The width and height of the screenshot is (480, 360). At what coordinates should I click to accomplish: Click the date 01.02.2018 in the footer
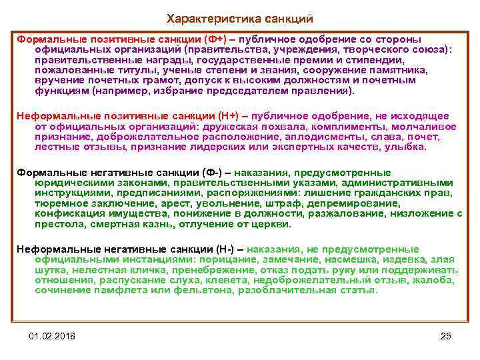(53, 334)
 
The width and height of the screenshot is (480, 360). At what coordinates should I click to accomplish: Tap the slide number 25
(446, 334)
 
